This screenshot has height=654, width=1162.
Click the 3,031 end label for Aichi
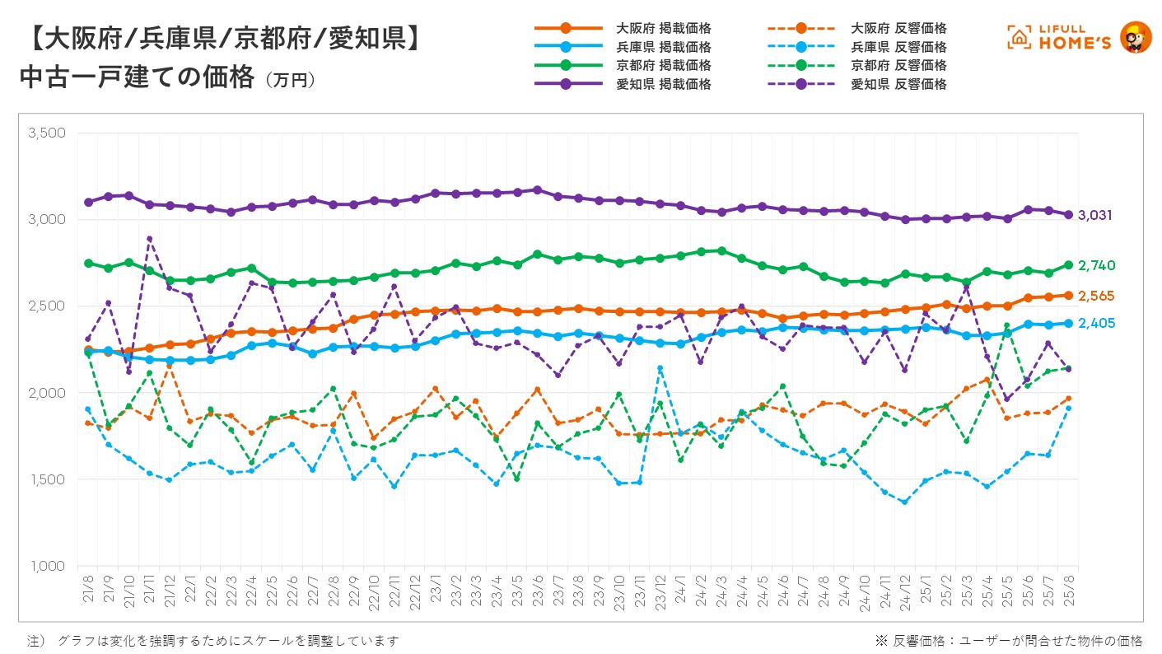point(1096,216)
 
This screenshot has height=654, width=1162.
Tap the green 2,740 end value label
point(1098,265)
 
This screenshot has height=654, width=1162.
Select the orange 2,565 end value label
point(1098,296)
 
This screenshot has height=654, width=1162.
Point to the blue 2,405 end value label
point(1098,324)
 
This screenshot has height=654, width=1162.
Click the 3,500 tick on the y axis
point(47,133)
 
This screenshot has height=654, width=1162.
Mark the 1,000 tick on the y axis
point(47,566)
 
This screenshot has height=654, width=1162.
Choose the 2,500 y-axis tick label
point(47,306)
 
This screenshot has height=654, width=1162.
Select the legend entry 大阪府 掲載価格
point(663,29)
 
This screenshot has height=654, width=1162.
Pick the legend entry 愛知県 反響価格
point(898,84)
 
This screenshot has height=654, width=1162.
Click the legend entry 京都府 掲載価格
point(663,65)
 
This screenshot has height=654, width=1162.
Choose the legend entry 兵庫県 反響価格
point(898,47)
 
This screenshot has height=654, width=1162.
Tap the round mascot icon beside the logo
point(1136,37)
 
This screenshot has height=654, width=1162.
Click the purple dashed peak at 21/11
point(149,239)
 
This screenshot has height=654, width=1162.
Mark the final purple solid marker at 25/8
point(1068,215)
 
